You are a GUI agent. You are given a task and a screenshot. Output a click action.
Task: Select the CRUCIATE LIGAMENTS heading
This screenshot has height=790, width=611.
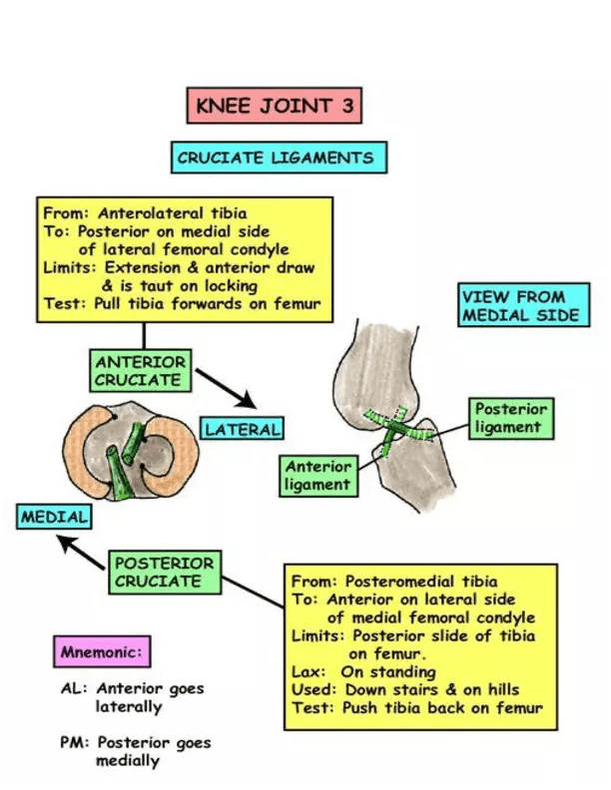(275, 158)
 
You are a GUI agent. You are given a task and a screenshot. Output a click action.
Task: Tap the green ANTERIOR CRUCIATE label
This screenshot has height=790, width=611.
(140, 370)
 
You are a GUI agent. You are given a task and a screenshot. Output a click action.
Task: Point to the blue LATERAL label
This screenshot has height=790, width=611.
(243, 430)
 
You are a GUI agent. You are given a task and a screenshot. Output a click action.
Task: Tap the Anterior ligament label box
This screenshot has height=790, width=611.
(319, 475)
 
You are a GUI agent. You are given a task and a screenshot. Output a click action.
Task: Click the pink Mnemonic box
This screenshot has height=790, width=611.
(102, 653)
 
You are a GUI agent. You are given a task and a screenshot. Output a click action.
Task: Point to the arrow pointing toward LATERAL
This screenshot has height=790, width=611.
(226, 388)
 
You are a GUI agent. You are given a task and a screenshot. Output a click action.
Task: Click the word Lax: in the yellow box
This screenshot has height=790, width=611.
(306, 671)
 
